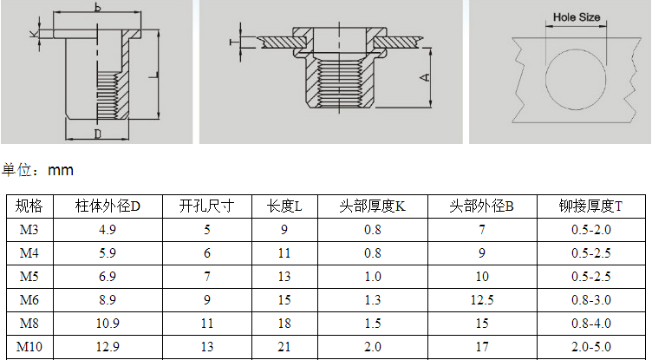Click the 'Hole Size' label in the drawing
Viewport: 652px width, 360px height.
[577, 17]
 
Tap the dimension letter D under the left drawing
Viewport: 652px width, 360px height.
[97, 134]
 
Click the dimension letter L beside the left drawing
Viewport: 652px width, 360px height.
[153, 75]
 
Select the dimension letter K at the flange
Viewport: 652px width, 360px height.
[34, 33]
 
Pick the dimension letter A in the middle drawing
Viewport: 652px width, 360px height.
[425, 77]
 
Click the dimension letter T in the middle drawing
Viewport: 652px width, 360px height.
[234, 42]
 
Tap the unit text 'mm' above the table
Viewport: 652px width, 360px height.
[61, 170]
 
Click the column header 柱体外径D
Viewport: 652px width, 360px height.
[108, 206]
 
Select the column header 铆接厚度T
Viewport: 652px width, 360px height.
[590, 206]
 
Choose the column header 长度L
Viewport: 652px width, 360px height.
[284, 206]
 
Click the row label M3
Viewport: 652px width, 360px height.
[29, 230]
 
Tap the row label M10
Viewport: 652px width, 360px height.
[29, 347]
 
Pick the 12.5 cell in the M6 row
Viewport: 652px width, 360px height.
[482, 300]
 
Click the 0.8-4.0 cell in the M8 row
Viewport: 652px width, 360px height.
[591, 324]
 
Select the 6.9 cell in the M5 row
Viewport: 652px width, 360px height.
[108, 277]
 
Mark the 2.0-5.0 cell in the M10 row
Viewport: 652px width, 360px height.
[591, 347]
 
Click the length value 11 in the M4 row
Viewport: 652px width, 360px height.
[284, 253]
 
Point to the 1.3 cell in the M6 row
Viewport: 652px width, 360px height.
[373, 300]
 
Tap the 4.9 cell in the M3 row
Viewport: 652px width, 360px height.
[108, 230]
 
